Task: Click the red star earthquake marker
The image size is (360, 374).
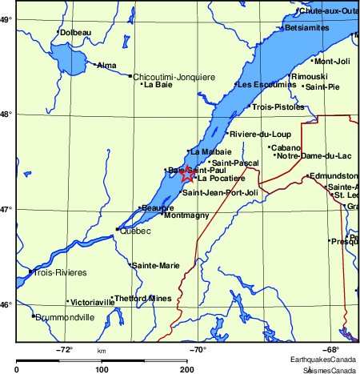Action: pos(187,174)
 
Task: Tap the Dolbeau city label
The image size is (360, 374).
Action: pos(76,32)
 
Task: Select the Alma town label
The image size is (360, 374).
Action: pos(106,65)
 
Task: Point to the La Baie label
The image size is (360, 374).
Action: pos(158,85)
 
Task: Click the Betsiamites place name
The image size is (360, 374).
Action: pos(307,27)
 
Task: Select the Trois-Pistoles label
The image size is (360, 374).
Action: pos(278,107)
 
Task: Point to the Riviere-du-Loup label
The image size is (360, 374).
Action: pos(260,134)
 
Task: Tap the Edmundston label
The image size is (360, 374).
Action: pos(334,175)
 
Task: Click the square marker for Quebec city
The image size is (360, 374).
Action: pos(118,229)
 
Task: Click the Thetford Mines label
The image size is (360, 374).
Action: pos(144,298)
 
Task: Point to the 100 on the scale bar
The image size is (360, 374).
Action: pos(102,369)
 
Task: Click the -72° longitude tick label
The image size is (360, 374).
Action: pos(64,350)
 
